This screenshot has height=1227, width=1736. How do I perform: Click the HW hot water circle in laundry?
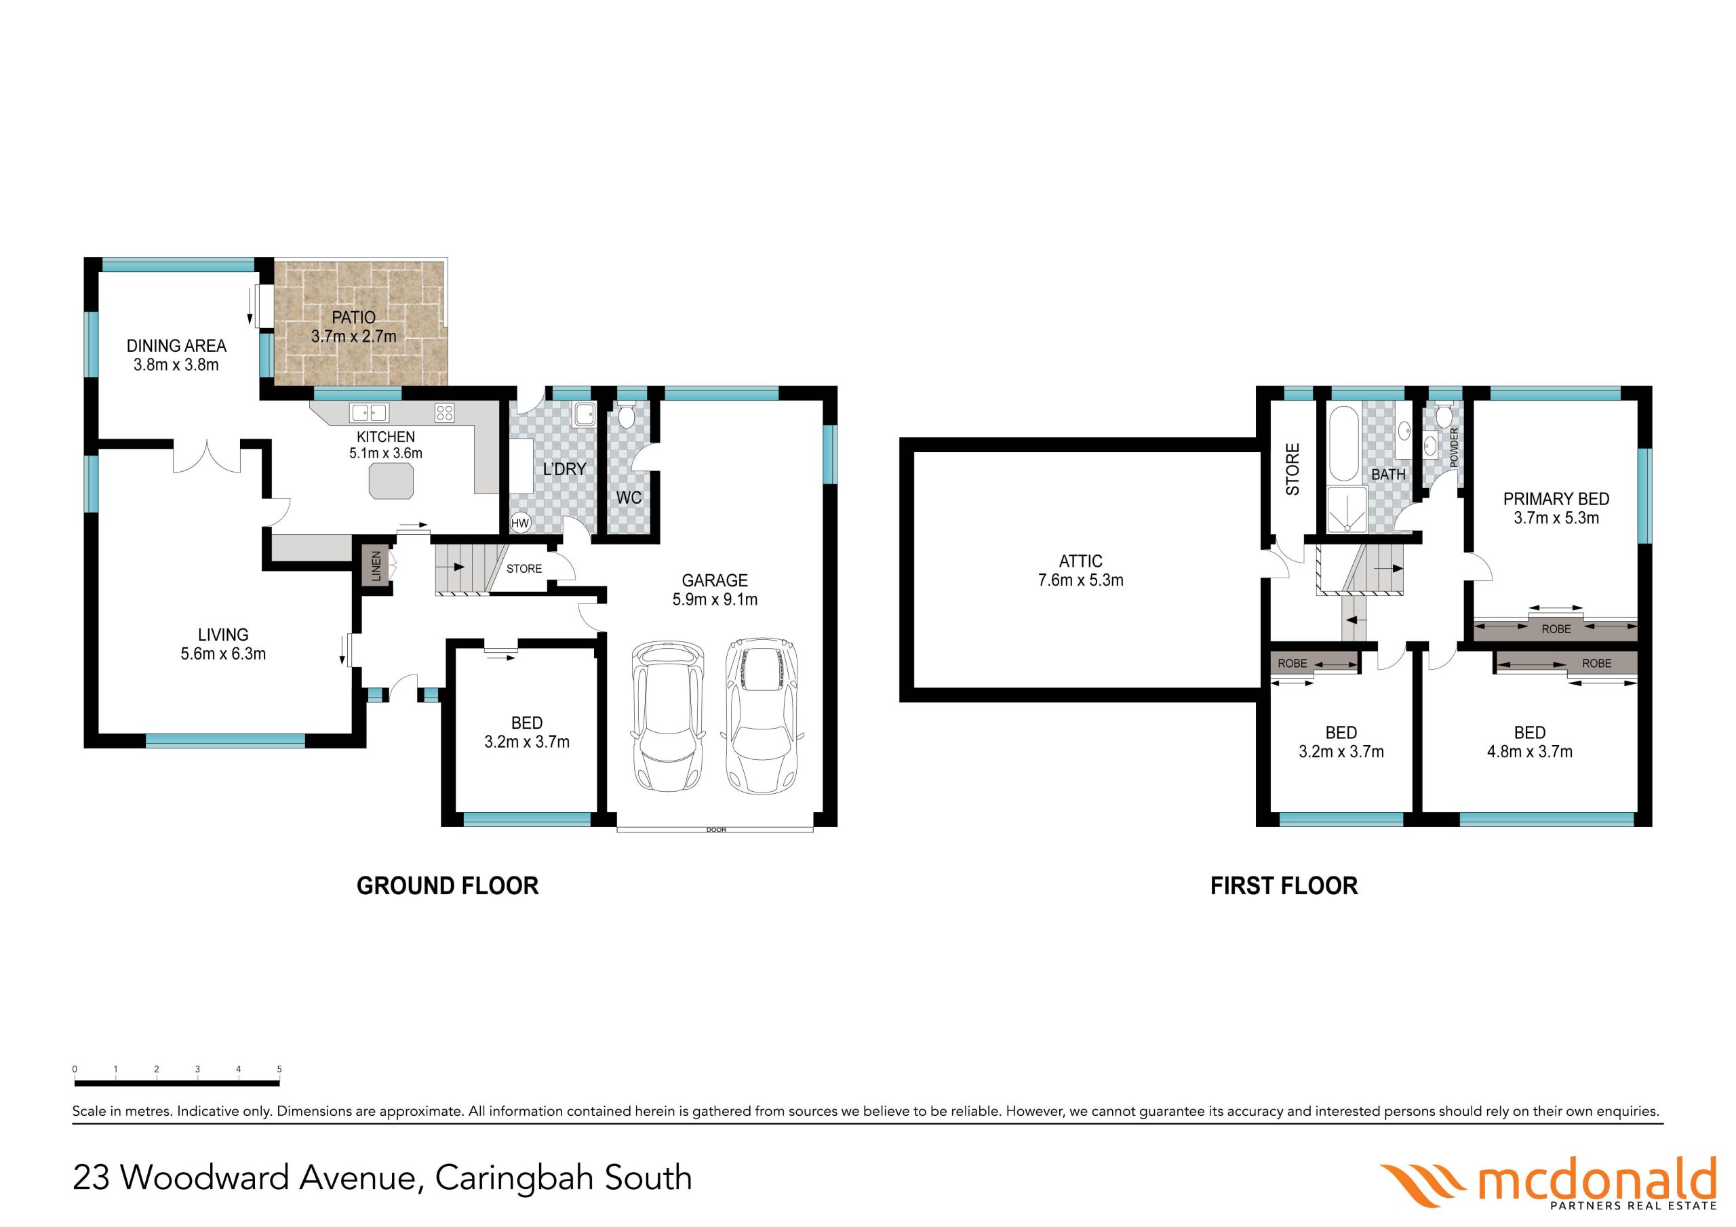tap(520, 523)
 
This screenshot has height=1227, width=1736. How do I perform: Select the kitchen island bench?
tap(392, 481)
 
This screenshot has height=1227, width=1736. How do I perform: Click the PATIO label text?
tap(354, 317)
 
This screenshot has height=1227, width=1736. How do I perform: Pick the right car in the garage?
tap(762, 715)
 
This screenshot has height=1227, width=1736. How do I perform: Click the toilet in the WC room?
tap(627, 416)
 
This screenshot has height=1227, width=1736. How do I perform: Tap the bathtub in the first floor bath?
tap(1343, 444)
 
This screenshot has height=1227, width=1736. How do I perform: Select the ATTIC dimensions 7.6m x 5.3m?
tap(1080, 580)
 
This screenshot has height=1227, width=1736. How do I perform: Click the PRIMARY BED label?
tap(1556, 499)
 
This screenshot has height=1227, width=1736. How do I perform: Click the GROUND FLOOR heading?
tap(448, 886)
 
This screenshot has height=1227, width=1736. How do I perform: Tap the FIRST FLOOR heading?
tap(1284, 886)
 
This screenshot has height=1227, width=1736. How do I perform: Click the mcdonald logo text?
tap(1597, 1180)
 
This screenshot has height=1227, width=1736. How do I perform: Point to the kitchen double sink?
tap(369, 413)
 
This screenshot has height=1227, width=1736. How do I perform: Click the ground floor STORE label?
tap(524, 569)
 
